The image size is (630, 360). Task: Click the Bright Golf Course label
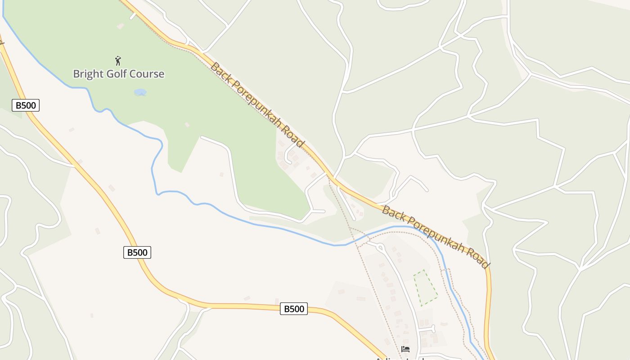[119, 74]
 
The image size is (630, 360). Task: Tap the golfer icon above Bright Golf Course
[118, 61]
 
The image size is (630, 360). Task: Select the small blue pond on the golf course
[140, 92]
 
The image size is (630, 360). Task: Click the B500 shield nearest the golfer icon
[26, 105]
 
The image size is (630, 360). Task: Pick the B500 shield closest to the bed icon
[293, 309]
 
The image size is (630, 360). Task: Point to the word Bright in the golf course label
[88, 74]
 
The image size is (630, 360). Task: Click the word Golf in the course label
[117, 74]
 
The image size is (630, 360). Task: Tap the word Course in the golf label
[147, 74]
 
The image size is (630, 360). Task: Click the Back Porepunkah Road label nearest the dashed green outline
[435, 237]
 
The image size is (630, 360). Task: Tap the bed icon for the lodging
[405, 349]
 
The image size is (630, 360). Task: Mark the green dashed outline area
[425, 288]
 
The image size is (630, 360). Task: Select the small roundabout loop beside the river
[379, 247]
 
